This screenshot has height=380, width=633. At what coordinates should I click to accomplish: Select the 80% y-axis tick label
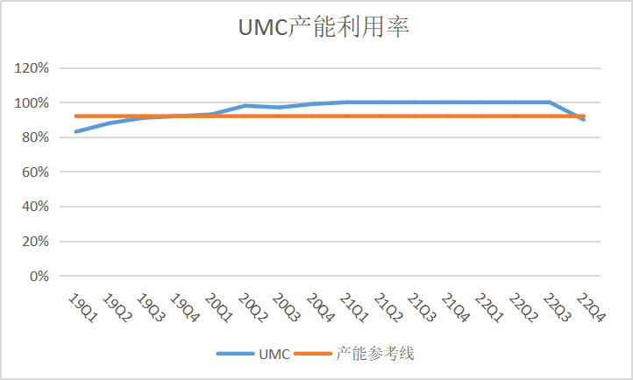pyautogui.click(x=33, y=137)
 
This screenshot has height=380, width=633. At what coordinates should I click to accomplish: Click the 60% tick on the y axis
pyautogui.click(x=33, y=172)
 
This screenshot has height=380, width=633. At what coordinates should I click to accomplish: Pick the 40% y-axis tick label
pyautogui.click(x=33, y=207)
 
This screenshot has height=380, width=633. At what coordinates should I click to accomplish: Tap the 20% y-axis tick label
pyautogui.click(x=33, y=242)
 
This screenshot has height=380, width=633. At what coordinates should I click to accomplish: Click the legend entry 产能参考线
pyautogui.click(x=374, y=354)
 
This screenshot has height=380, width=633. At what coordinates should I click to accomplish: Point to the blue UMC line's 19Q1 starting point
pyautogui.click(x=76, y=131)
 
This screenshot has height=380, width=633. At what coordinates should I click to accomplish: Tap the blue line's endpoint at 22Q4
pyautogui.click(x=585, y=119)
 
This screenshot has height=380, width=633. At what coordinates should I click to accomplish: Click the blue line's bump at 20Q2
pyautogui.click(x=245, y=106)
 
